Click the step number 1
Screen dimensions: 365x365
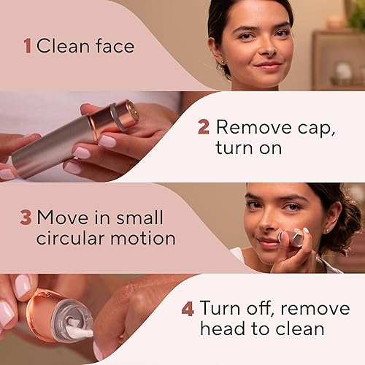pyautogui.click(x=28, y=47)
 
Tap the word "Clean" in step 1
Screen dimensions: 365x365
pyautogui.click(x=64, y=47)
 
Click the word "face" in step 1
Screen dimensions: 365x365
pyautogui.click(x=115, y=47)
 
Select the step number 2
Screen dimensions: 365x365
pyautogui.click(x=204, y=127)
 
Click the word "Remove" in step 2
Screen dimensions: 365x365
pyautogui.click(x=253, y=127)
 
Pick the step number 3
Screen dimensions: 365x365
pyautogui.click(x=26, y=218)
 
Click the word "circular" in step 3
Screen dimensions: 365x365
pyautogui.click(x=72, y=238)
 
